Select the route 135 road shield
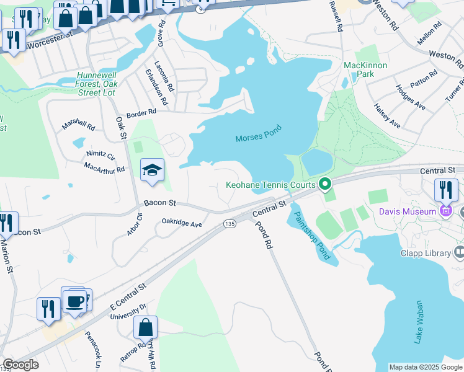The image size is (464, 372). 230,223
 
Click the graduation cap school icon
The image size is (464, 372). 151,170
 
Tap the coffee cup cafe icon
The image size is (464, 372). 75,301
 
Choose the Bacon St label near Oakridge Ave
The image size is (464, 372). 160,203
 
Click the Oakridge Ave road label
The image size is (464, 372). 182,223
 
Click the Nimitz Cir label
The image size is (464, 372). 100,155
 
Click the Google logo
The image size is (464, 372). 20,365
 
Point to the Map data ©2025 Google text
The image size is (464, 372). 426,367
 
